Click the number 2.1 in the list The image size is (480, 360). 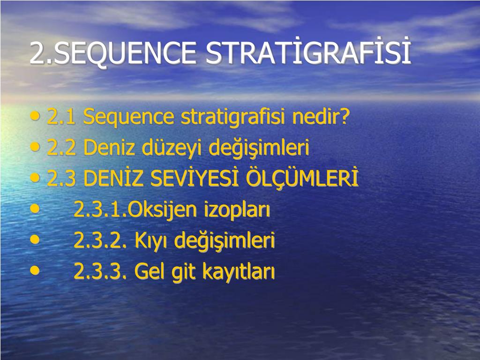61,117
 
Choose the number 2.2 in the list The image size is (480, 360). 61,148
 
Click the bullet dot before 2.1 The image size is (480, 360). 35,116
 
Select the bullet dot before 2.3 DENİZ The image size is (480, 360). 35,177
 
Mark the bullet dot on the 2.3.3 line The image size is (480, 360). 35,270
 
